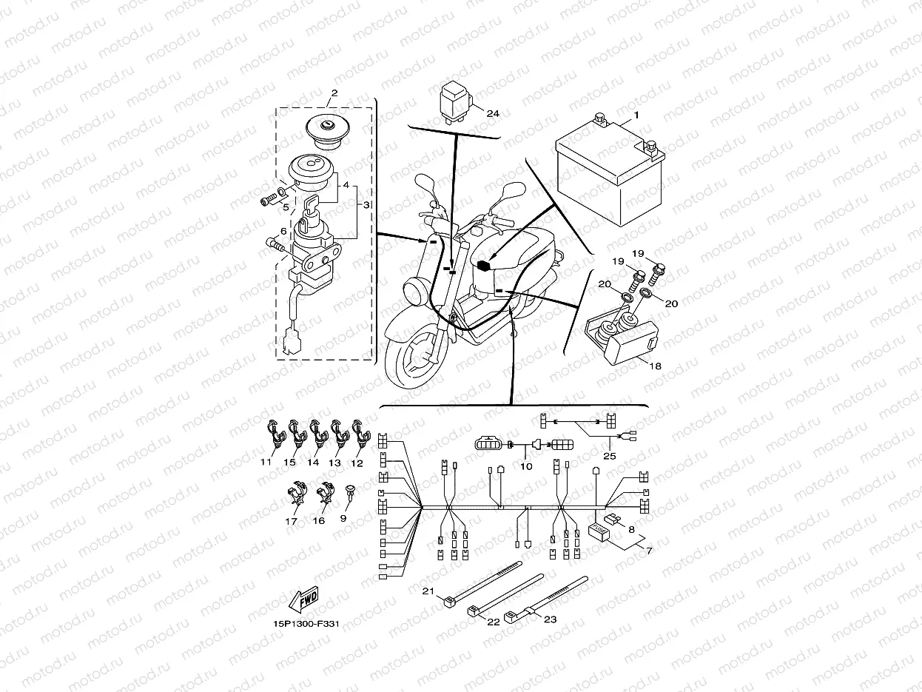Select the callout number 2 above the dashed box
[334, 93]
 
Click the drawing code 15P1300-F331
[306, 623]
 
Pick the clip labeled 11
[275, 437]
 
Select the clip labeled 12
[360, 437]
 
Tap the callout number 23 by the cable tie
[550, 619]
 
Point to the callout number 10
[525, 466]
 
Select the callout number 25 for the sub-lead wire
[609, 456]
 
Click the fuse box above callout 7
[598, 532]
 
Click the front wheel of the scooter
[414, 363]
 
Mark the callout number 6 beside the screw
[283, 231]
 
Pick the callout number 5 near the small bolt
[285, 208]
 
